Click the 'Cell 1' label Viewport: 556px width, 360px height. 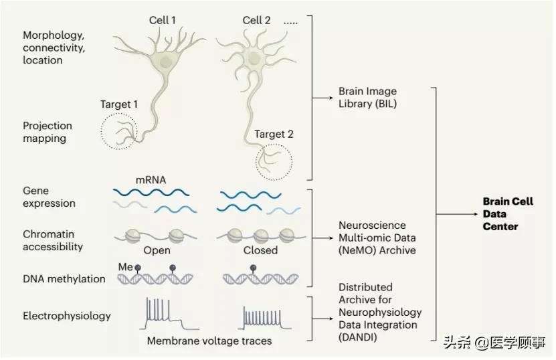pos(163,20)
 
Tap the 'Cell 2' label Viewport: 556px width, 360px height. pos(256,20)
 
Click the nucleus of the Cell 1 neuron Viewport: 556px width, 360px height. pos(165,62)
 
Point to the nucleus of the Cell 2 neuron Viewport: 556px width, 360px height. pos(254,58)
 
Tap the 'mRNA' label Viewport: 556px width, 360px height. pos(151,180)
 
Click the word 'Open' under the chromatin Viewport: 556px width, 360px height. pos(157,250)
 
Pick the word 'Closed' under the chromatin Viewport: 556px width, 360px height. pos(260,250)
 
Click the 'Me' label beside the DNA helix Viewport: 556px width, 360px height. pos(125,267)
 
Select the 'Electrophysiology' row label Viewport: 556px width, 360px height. pos(67,316)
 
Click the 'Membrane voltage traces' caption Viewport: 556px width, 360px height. pos(209,341)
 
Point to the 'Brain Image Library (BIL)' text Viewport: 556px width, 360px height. pos(367,98)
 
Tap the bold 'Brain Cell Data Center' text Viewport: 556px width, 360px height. pos(508,214)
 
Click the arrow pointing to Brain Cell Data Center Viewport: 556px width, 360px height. pos(457,214)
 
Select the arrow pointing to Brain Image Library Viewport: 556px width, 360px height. pos(322,98)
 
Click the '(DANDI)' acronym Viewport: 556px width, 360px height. pos(357,337)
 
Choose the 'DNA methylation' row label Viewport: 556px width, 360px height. pos(64,279)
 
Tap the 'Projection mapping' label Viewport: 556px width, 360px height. pos(47,132)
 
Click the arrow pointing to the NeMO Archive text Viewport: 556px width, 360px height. pos(322,238)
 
